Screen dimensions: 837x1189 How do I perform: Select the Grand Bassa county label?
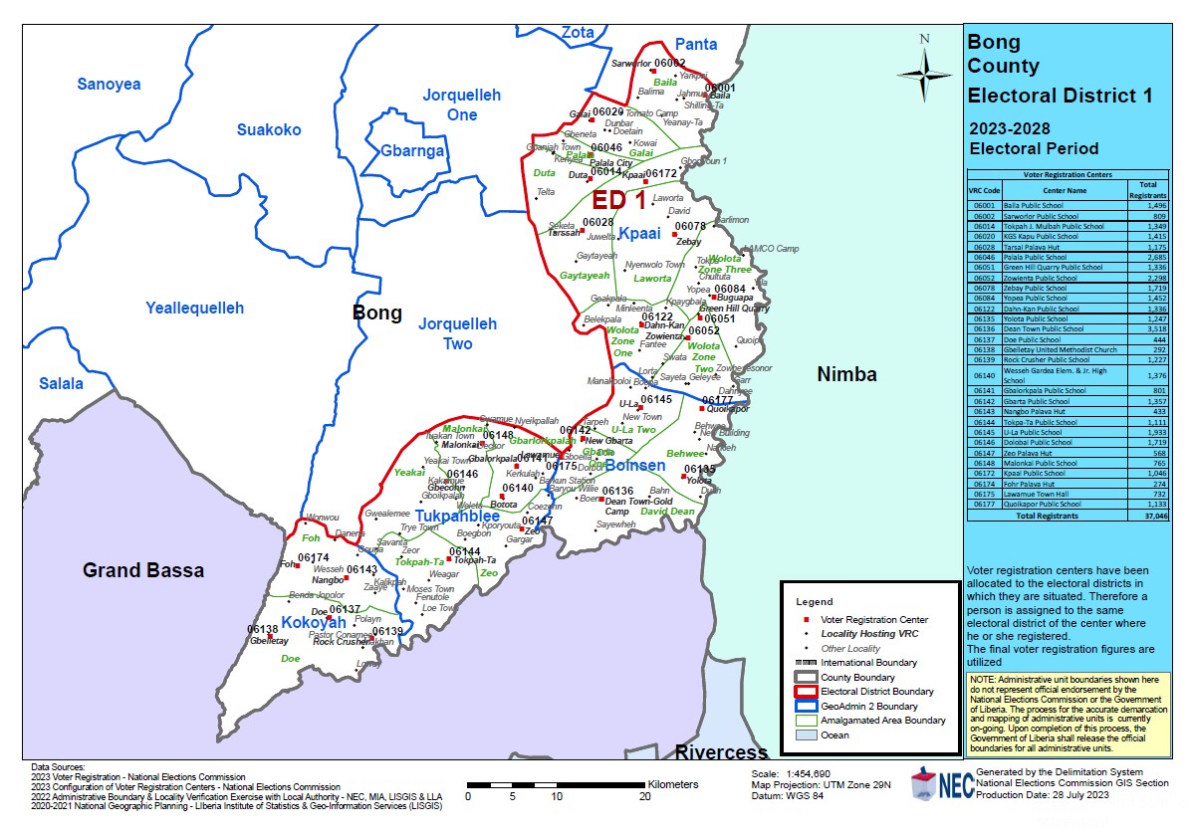pos(143,570)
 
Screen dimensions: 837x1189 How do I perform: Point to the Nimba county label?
pos(846,374)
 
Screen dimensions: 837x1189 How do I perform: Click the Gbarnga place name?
pos(412,151)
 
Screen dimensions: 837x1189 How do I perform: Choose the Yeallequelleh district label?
pos(194,308)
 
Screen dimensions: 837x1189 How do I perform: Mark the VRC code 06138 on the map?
pos(262,630)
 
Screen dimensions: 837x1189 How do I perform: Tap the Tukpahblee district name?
pos(457,517)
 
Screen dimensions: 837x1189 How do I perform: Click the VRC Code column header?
pos(984,189)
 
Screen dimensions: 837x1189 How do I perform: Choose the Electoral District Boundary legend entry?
pos(876,691)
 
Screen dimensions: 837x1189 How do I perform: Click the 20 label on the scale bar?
pos(644,796)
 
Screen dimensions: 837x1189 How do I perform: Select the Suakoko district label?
pos(269,129)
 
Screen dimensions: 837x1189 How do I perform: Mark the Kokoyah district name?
pos(314,623)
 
